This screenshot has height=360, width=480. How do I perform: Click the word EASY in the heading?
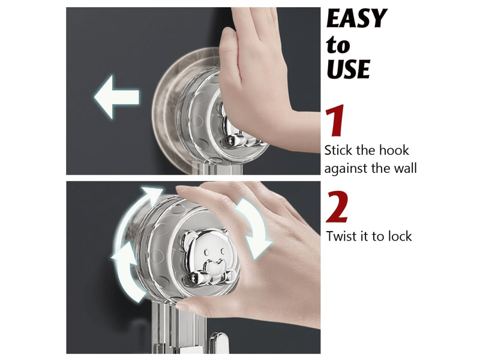tap(356, 19)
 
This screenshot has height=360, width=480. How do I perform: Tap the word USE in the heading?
tap(349, 69)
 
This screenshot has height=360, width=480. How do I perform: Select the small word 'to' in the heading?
tap(338, 45)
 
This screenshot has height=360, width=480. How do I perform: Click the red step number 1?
tap(335, 121)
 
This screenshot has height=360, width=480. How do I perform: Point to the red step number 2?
tap(337, 206)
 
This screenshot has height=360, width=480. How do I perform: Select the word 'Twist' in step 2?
tap(340, 236)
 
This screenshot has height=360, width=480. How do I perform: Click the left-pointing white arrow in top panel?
tap(116, 97)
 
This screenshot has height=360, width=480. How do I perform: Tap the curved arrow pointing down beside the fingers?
tap(253, 228)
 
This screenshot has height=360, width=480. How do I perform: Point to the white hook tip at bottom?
tap(218, 342)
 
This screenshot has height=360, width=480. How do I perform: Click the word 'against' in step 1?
tap(346, 169)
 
